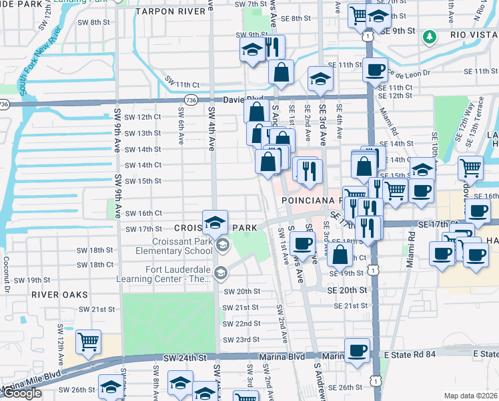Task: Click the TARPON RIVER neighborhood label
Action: (169, 11)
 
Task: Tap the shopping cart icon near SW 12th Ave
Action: (88, 342)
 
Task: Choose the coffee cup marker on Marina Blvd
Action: (357, 350)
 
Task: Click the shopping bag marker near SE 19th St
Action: (340, 253)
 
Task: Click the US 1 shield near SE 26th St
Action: (378, 381)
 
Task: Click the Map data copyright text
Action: (470, 396)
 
